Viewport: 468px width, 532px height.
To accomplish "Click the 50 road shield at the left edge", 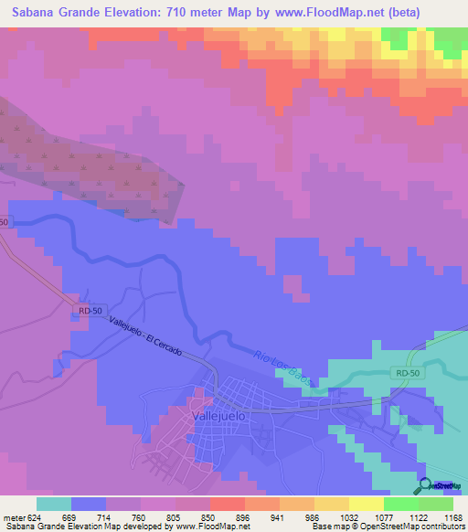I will pyautogui.click(x=4, y=222).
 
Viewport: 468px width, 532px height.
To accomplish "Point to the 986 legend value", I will pyautogui.click(x=311, y=516).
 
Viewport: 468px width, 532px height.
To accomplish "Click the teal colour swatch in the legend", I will pyautogui.click(x=54, y=504).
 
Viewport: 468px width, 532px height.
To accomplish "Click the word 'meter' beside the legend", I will pyautogui.click(x=12, y=516).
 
